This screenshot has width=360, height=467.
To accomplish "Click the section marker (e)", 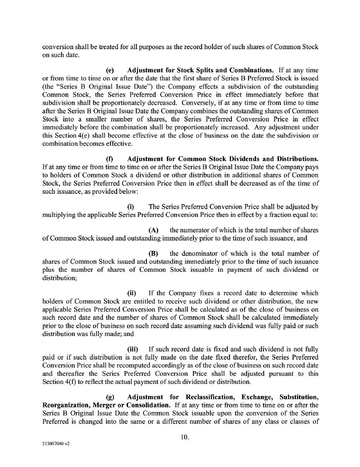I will (x=110, y=70).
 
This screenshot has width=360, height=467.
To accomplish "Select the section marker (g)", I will (x=110, y=397).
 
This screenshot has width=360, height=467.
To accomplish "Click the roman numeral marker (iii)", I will (x=132, y=349).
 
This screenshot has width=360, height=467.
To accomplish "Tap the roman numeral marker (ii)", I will (x=132, y=293).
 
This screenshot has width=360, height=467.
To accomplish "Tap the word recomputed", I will (x=119, y=365).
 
